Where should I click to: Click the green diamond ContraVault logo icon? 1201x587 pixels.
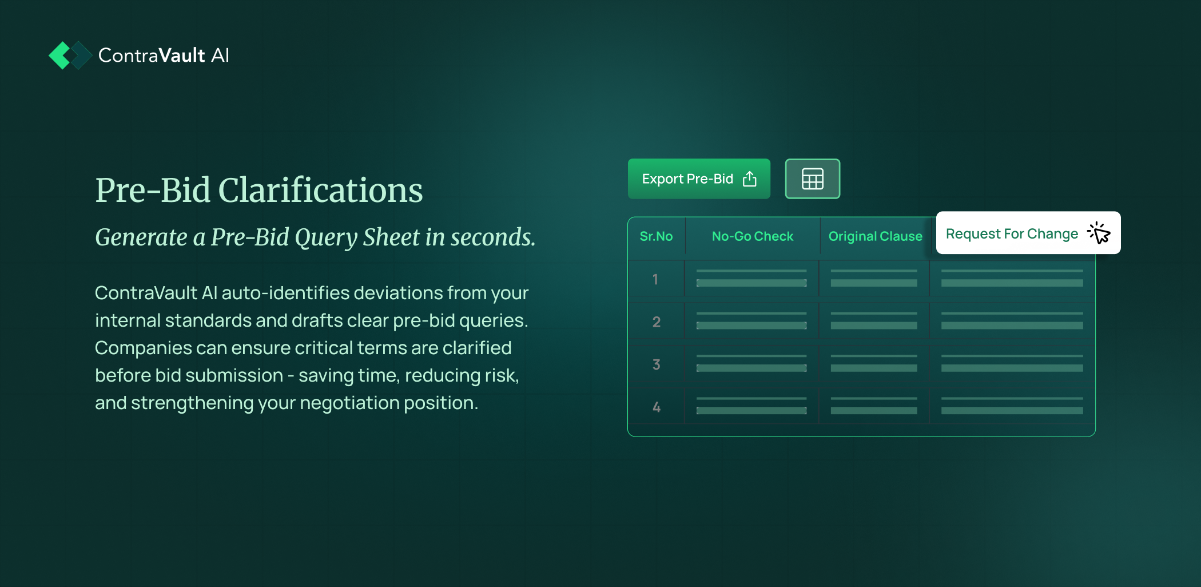point(70,55)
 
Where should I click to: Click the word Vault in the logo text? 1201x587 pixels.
point(181,55)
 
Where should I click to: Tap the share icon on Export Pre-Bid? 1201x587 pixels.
point(749,179)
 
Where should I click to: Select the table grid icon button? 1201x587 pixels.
point(812,179)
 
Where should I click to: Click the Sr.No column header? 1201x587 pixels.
point(656,236)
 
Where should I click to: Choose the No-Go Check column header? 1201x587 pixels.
point(752,236)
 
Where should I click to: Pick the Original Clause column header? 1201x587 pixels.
point(875,236)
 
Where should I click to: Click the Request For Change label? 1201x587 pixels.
point(1012,234)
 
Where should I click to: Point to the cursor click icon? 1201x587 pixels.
point(1099,233)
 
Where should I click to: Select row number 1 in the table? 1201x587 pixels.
point(655,279)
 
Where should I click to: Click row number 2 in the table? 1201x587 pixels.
point(656,322)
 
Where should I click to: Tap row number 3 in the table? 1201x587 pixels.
point(656,364)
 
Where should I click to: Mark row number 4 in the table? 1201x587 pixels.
point(657,407)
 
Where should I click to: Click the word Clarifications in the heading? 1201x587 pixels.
point(320,190)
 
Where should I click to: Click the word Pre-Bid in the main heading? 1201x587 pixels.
point(153,190)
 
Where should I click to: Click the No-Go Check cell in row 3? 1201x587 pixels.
point(751,364)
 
